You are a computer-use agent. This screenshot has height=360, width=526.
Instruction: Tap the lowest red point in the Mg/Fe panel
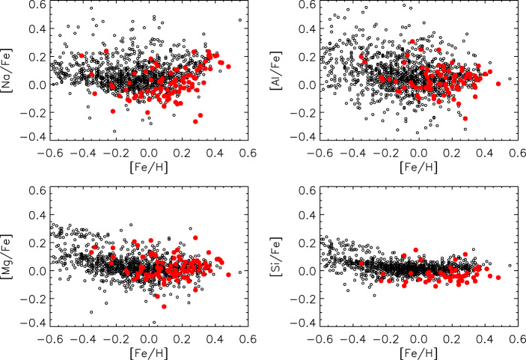pos(164,306)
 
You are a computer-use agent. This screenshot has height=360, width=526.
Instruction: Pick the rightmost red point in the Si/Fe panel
pos(498,278)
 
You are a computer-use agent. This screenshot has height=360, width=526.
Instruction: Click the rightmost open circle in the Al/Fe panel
pos(510,79)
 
